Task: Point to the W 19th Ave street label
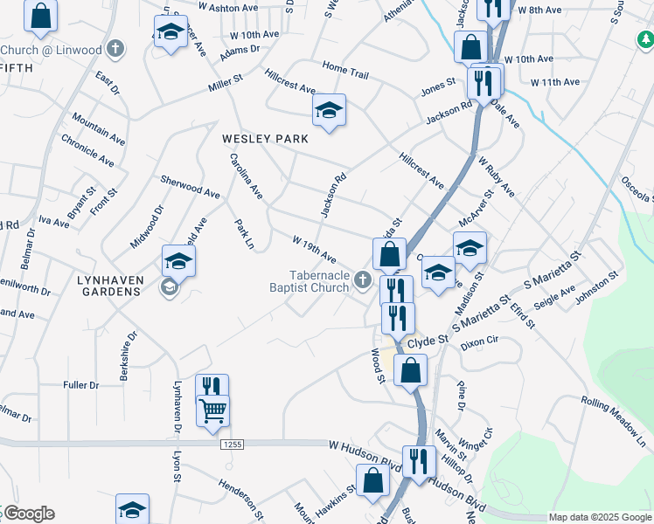pyautogui.click(x=315, y=249)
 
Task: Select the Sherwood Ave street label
pyautogui.click(x=190, y=185)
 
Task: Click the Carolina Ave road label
pyautogui.click(x=247, y=176)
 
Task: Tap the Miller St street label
pyautogui.click(x=225, y=86)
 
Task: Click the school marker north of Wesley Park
pyautogui.click(x=329, y=110)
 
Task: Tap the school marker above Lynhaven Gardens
pyautogui.click(x=178, y=261)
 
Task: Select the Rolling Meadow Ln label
pyautogui.click(x=616, y=423)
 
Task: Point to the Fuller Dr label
pyautogui.click(x=81, y=384)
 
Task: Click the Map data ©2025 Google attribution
pyautogui.click(x=600, y=517)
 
